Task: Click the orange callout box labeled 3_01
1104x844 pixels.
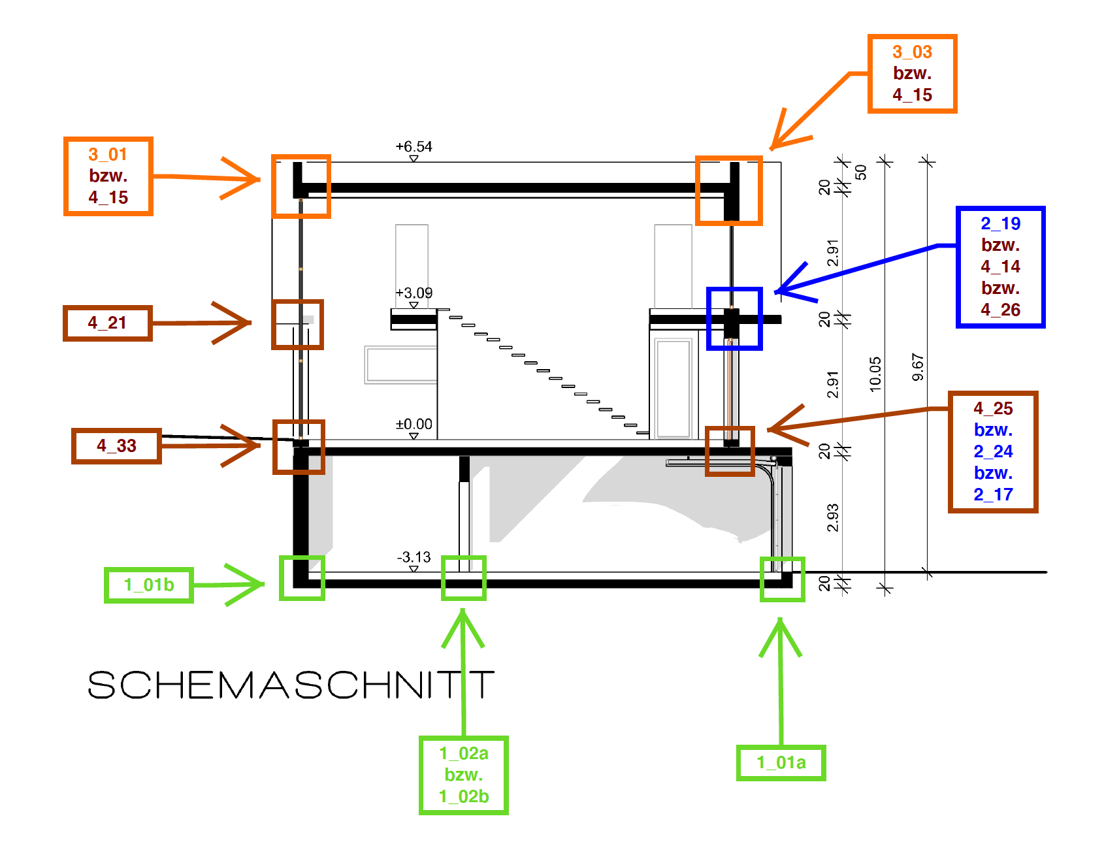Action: tap(108, 176)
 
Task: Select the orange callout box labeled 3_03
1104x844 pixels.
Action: tap(912, 74)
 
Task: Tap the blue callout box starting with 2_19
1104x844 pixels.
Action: tap(1000, 267)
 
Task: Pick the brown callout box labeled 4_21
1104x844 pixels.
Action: tap(108, 323)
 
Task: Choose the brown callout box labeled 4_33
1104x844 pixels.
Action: tap(116, 446)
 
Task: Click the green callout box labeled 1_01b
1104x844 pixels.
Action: tap(149, 585)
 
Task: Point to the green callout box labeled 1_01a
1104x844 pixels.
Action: tap(781, 762)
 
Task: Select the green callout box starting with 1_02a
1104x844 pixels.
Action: tap(464, 775)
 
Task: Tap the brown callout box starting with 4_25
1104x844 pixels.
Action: tap(993, 451)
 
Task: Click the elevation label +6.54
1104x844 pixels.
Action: tap(414, 147)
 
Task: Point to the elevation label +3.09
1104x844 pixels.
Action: tap(414, 293)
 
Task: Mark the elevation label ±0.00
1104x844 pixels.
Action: tap(414, 425)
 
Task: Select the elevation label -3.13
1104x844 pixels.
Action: tap(414, 557)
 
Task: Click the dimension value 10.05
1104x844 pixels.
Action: tap(875, 374)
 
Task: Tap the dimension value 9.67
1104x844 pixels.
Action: tap(918, 367)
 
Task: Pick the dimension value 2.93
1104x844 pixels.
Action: tap(833, 517)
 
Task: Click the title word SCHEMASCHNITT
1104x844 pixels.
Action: tap(291, 685)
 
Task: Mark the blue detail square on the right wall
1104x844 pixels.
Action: tap(734, 319)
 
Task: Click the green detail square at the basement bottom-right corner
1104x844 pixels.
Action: tap(782, 579)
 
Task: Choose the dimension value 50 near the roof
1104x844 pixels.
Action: tap(861, 172)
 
